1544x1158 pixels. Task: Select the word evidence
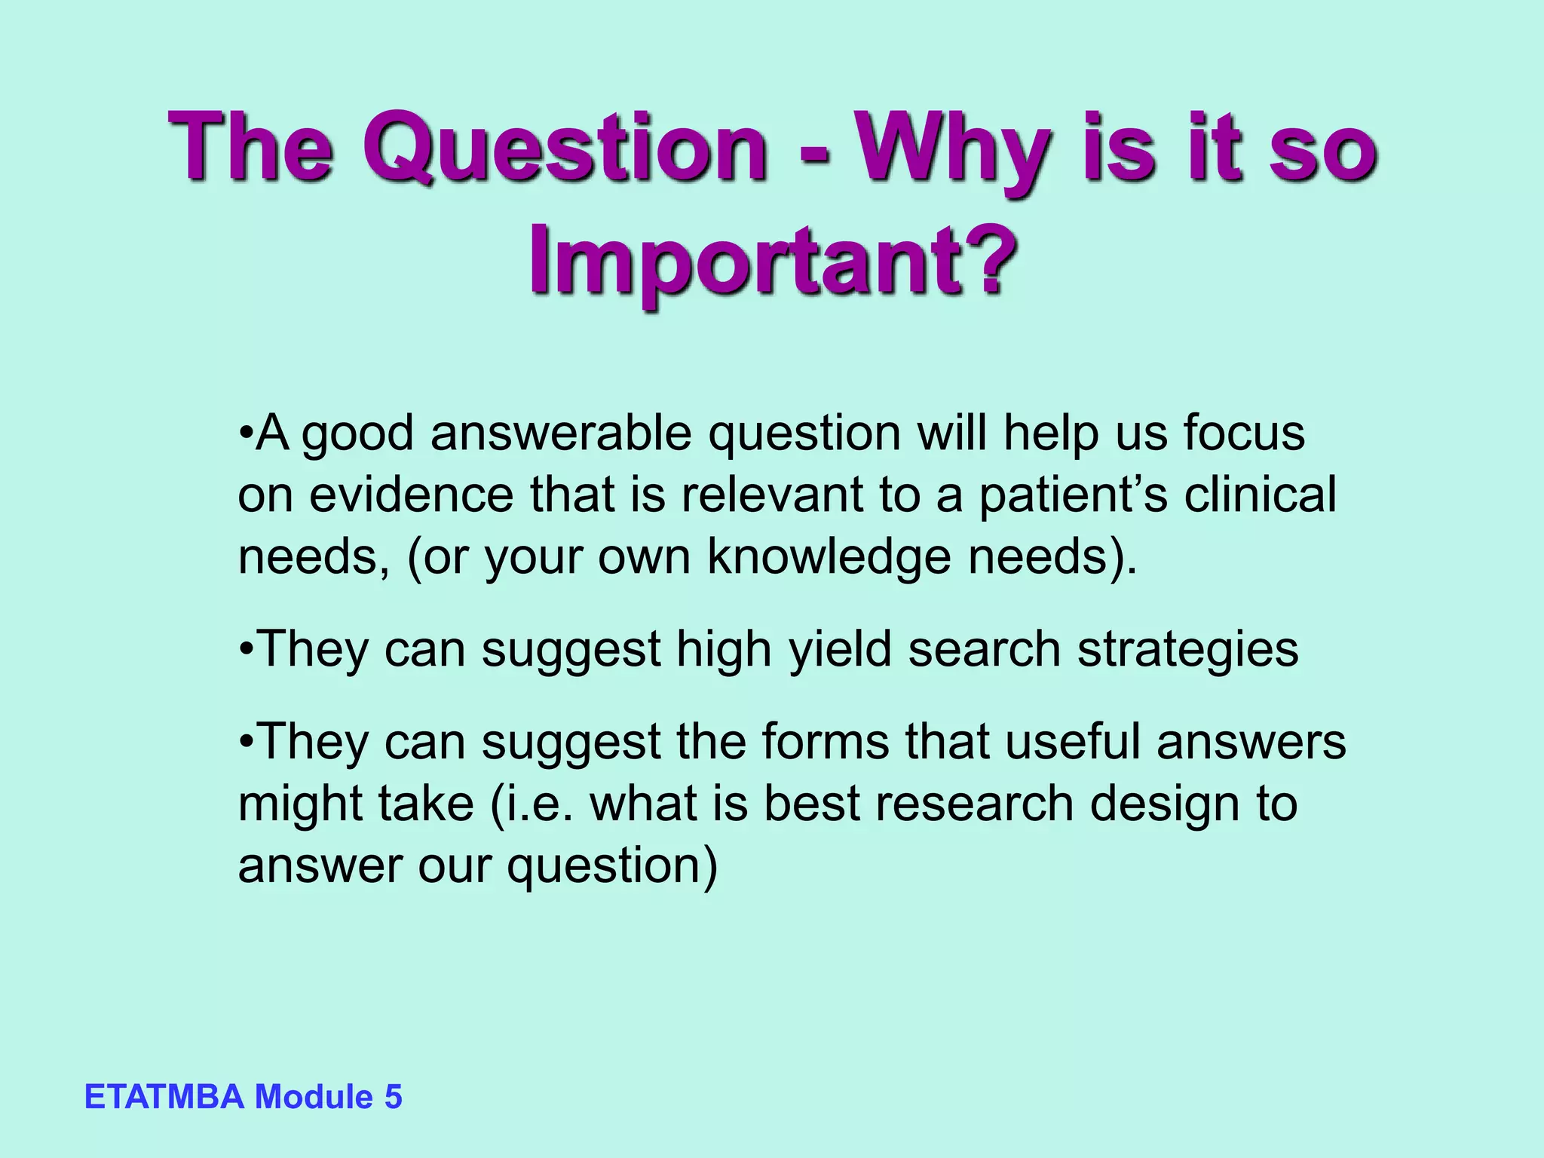[412, 495]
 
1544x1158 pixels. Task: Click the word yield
[840, 650]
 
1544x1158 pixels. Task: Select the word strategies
[1187, 650]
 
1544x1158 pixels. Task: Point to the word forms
[826, 742]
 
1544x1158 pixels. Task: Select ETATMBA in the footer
[164, 1097]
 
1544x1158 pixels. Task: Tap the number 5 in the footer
[393, 1097]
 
